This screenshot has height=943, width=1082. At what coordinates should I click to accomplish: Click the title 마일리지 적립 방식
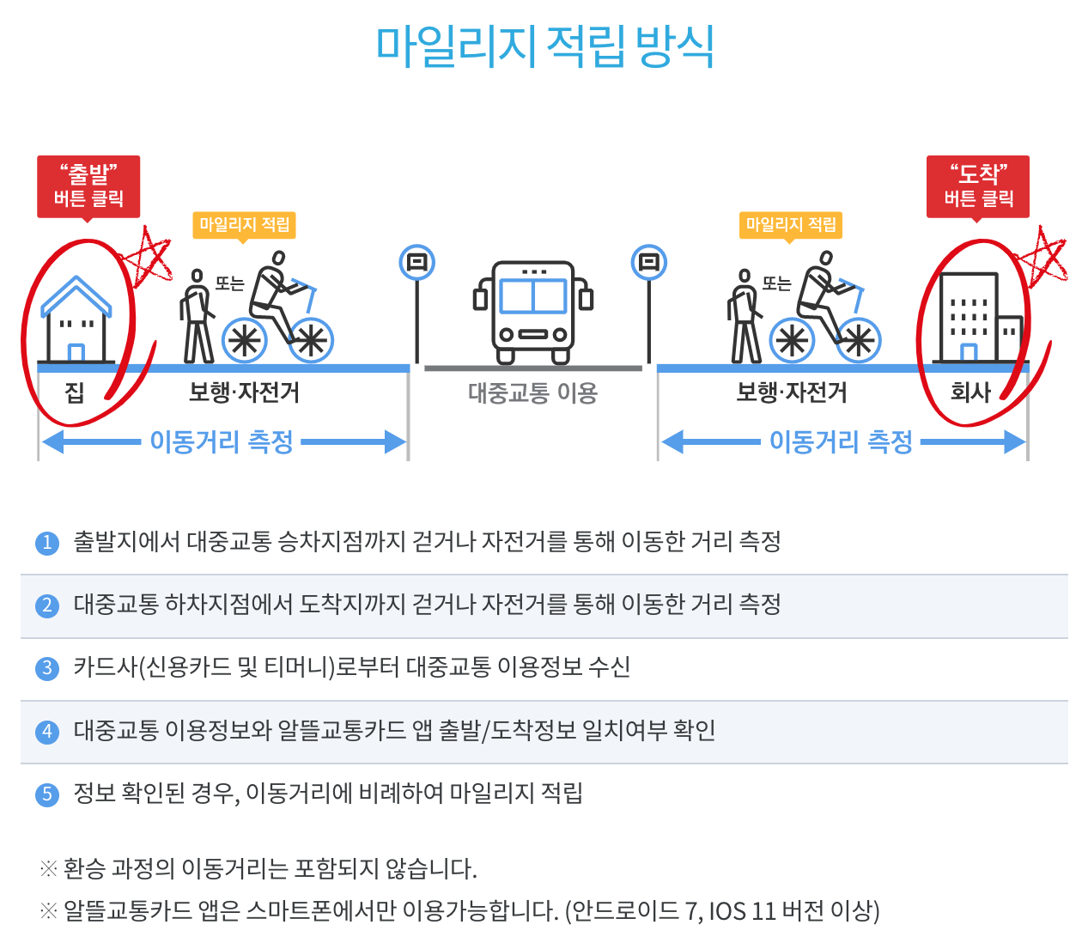[545, 46]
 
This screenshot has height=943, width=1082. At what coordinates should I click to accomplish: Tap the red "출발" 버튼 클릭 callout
[88, 186]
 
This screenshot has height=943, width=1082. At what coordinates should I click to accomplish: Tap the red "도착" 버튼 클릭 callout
[978, 186]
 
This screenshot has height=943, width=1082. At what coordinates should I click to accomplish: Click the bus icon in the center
[533, 311]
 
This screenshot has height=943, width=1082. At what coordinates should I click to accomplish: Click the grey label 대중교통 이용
[532, 393]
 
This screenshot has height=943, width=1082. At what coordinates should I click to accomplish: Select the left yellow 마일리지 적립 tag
[244, 225]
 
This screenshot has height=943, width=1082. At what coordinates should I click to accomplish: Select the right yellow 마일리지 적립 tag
[791, 225]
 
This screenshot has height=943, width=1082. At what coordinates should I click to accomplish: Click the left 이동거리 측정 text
[222, 441]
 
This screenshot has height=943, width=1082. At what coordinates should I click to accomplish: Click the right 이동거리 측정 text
[841, 441]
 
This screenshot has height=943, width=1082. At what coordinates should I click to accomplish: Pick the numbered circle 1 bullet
[47, 543]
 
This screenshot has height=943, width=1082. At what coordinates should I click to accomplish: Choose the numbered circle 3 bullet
[47, 668]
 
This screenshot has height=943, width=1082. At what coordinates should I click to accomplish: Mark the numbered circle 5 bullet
[47, 794]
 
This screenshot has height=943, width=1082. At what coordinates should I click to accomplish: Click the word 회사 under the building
[970, 392]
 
